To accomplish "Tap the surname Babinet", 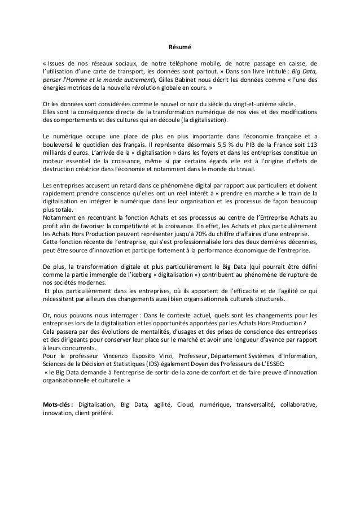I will point(195,80).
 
